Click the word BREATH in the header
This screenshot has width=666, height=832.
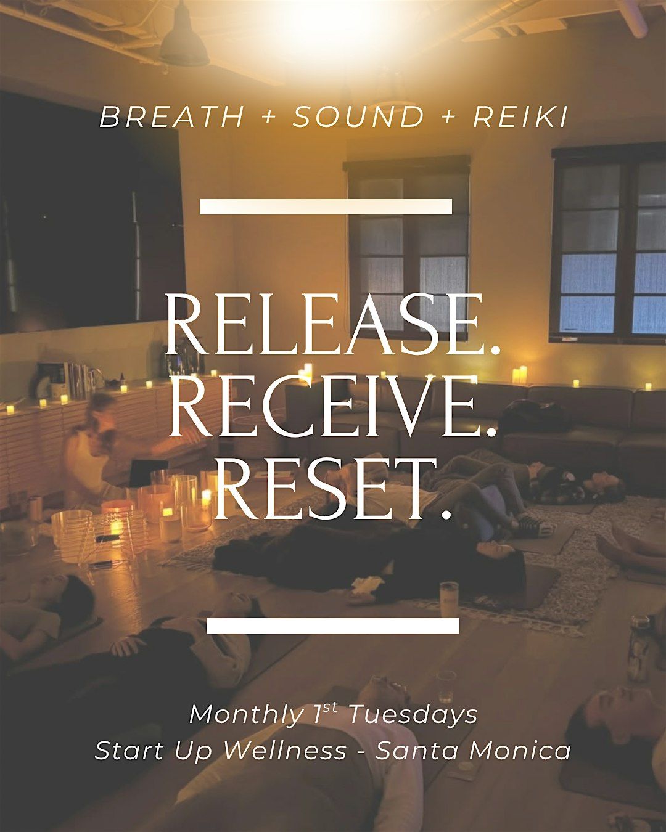pyautogui.click(x=172, y=118)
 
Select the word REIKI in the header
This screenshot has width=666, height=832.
pyautogui.click(x=520, y=118)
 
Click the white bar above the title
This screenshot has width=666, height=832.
pyautogui.click(x=326, y=206)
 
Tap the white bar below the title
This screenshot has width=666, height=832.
pyautogui.click(x=333, y=626)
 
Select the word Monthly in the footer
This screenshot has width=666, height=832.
pyautogui.click(x=244, y=715)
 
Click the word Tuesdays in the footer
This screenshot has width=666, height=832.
pyautogui.click(x=413, y=715)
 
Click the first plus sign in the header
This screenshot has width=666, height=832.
pyautogui.click(x=268, y=118)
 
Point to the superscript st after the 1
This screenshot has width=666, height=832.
pyautogui.click(x=331, y=708)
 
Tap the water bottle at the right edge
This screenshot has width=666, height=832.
pyautogui.click(x=639, y=647)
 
